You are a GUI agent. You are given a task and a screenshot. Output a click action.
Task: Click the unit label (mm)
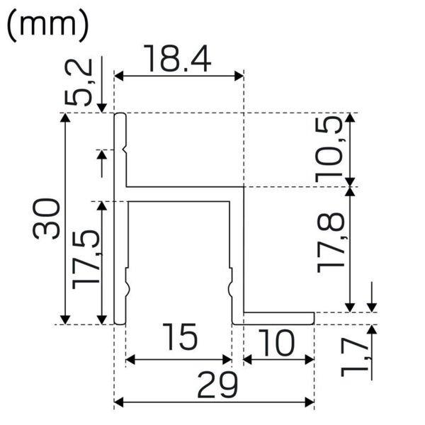47,25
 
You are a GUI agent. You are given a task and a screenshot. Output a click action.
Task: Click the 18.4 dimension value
177,59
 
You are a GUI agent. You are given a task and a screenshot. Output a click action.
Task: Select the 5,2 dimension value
79,82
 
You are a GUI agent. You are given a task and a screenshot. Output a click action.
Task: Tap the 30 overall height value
45,218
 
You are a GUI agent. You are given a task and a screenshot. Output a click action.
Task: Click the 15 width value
180,337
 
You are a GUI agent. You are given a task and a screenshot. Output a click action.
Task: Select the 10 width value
276,342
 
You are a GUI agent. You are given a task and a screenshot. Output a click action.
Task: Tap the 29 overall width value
217,385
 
